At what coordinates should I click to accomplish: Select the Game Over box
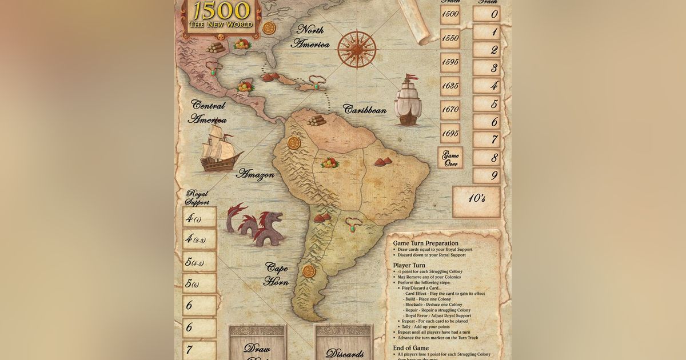(450, 159)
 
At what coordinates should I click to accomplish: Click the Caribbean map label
(365, 110)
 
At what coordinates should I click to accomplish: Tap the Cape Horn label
(276, 274)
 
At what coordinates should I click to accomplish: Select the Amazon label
(255, 174)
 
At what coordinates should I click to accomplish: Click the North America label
(311, 37)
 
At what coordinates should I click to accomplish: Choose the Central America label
(208, 113)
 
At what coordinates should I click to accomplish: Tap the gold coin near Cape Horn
(309, 270)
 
